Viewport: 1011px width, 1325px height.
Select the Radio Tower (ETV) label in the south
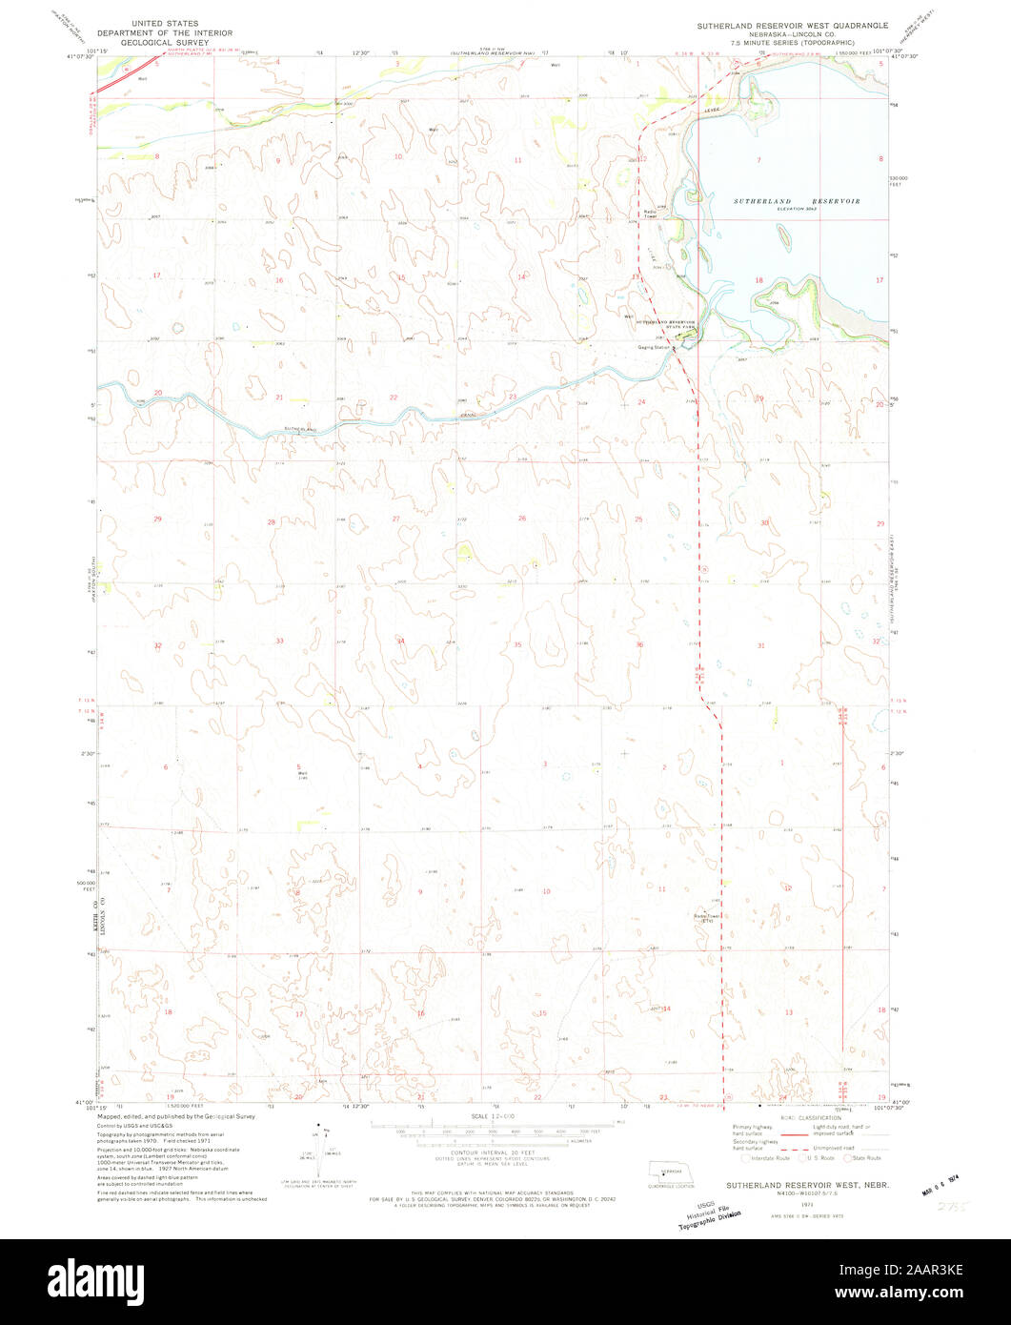(706, 919)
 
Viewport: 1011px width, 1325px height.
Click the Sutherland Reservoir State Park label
(666, 324)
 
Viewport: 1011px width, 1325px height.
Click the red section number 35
(517, 645)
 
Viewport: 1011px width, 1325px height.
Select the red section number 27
(395, 519)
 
